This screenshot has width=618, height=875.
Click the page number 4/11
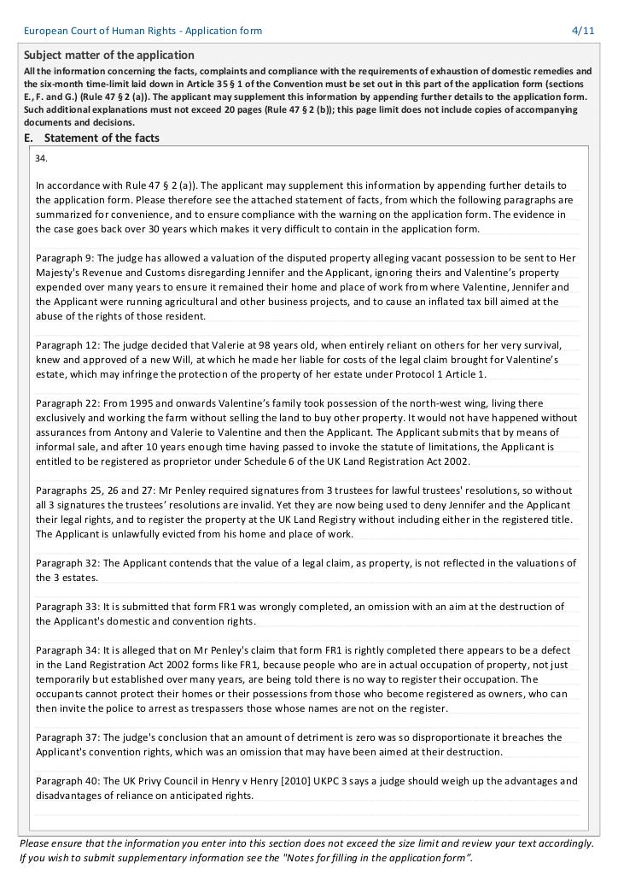(582, 31)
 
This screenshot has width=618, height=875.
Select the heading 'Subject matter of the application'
(97, 56)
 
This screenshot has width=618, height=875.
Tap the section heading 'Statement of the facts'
(102, 138)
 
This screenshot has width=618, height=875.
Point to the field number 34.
(42, 158)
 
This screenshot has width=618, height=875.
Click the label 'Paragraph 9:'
(66, 258)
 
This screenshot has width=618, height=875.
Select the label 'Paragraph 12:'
(68, 345)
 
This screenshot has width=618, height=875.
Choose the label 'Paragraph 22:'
(68, 403)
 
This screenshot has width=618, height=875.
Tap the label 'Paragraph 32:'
(68, 563)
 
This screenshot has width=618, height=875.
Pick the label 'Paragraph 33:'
(68, 607)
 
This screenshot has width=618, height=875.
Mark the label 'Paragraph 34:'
(68, 650)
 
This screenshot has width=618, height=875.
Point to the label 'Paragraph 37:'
(68, 737)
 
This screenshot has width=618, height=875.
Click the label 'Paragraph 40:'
(68, 781)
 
